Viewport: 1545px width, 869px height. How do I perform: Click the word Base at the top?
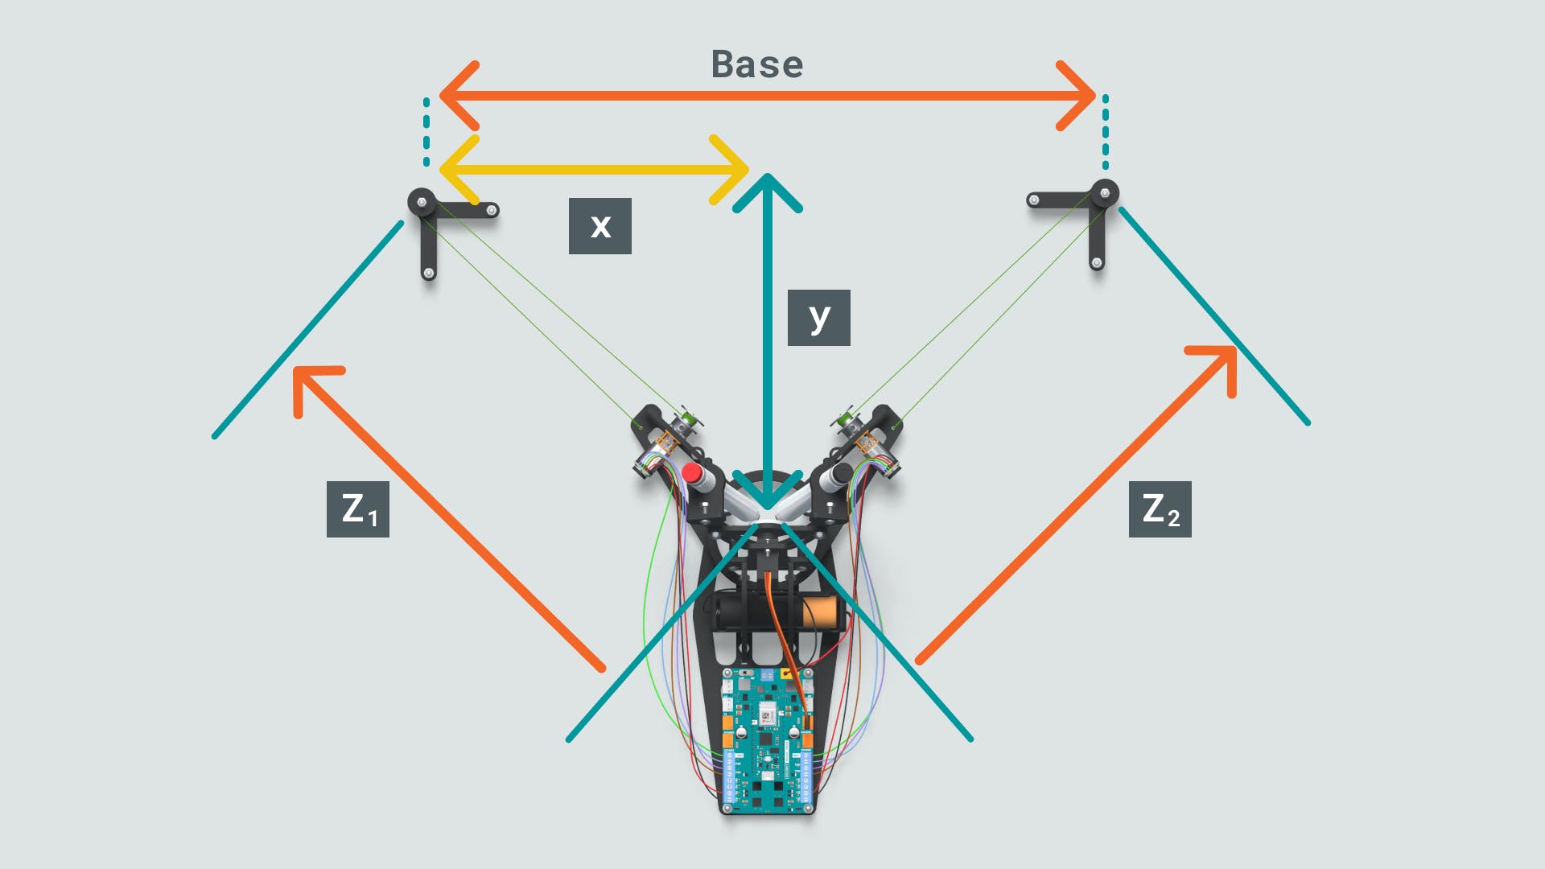point(757,64)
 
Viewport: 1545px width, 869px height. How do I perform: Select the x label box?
point(600,226)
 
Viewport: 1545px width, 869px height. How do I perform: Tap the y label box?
point(818,318)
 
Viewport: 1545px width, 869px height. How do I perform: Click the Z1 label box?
point(358,509)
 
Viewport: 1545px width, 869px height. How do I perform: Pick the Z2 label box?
point(1160,509)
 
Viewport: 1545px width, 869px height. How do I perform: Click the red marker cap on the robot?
point(692,472)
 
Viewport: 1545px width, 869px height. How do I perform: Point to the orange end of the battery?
point(822,614)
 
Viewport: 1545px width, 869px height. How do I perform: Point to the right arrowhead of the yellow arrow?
point(731,170)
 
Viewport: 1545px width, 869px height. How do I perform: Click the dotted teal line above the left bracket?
point(426,132)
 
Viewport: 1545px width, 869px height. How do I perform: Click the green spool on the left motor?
point(686,418)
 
